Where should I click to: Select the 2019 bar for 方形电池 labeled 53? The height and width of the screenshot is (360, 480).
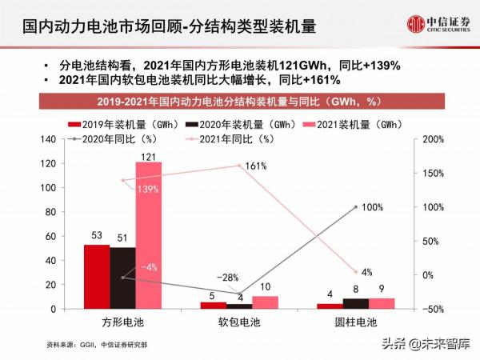pos(97,276)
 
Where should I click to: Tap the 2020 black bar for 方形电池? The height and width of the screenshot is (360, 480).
pos(122,278)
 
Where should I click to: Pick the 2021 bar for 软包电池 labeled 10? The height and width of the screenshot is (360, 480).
pos(265,302)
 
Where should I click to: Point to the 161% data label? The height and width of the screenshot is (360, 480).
pos(256,166)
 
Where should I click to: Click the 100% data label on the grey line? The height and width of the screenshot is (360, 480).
pos(373,207)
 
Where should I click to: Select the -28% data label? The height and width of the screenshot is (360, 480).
pos(228,278)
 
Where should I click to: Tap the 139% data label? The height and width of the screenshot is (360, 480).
pos(147,190)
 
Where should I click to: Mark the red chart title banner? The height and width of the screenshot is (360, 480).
pos(239,102)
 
